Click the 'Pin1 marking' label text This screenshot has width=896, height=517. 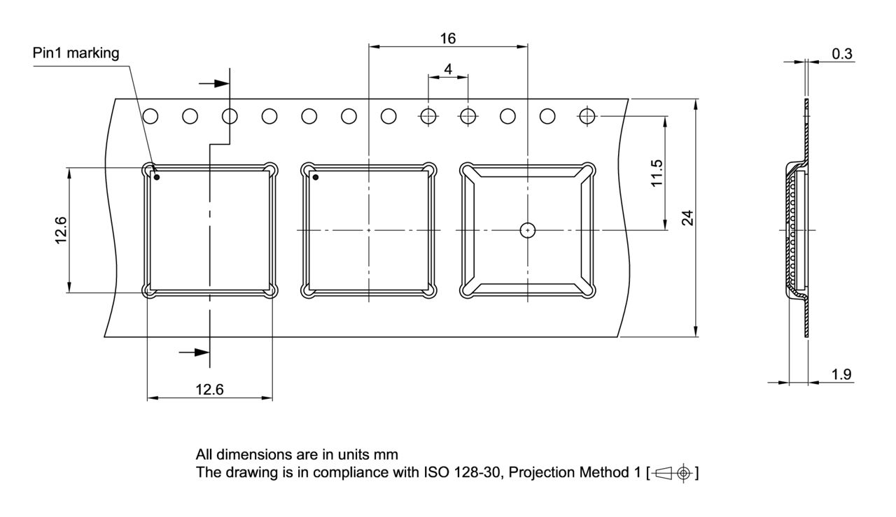tap(76, 53)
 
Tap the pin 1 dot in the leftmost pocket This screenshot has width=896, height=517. tap(157, 177)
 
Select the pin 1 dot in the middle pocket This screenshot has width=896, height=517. tap(316, 177)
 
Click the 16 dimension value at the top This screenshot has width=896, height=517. tap(448, 38)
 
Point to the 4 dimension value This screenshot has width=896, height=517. tap(448, 69)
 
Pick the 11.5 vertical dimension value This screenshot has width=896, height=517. tap(656, 172)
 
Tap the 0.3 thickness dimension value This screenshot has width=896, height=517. tap(842, 54)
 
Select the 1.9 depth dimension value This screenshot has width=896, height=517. tap(841, 374)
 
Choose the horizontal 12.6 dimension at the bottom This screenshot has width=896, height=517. tap(209, 390)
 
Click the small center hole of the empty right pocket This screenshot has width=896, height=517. tap(528, 229)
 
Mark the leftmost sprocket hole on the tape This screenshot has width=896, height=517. tap(150, 116)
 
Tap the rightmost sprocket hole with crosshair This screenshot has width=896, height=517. tap(587, 116)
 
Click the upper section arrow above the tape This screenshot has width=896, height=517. tap(214, 83)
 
